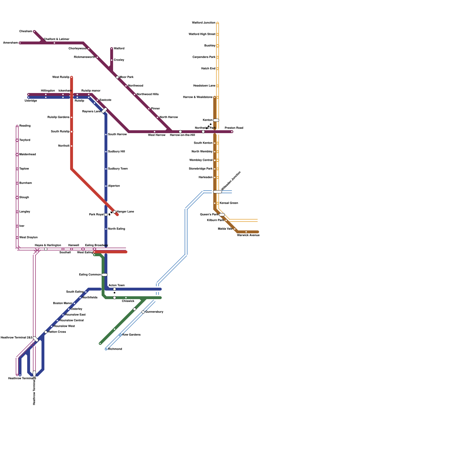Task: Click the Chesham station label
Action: (26, 31)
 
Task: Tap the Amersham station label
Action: (11, 43)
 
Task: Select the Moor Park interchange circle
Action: (117, 77)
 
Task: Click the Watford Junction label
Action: (204, 23)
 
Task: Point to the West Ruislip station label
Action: (61, 77)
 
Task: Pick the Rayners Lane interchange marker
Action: (104, 110)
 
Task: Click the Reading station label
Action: (25, 126)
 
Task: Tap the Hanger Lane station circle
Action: (114, 212)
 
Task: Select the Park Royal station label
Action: (96, 215)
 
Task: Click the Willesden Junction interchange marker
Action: (218, 192)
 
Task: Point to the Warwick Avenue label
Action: (248, 235)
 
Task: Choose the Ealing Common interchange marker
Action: (104, 275)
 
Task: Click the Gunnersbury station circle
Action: (143, 312)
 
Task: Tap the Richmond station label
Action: (115, 349)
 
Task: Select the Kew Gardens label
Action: (131, 335)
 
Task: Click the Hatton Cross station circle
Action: (46, 332)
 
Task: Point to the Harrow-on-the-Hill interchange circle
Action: (180, 132)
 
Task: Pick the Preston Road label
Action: (234, 128)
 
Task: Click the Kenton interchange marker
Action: (216, 120)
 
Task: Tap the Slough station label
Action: (24, 198)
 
